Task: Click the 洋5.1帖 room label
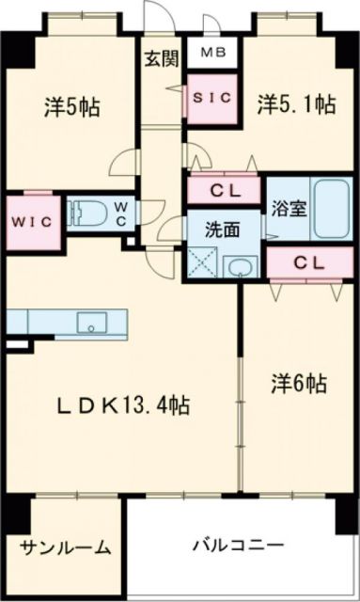[x=296, y=105]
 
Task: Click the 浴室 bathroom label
[x=288, y=209]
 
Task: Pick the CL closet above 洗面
[x=225, y=191]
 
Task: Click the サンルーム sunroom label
[x=64, y=547]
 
